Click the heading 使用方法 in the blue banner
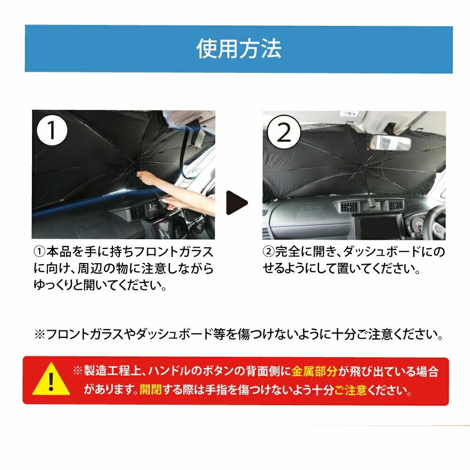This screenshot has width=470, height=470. coord(239,48)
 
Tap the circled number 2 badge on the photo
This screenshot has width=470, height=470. coord(283,132)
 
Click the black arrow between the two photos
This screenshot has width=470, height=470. coord(237,203)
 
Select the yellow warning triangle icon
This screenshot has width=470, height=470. coord(51,379)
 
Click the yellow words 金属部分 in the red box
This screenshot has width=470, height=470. coord(315,371)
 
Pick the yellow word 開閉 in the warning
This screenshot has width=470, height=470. coord(151,390)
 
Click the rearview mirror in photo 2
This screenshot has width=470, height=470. coord(390,142)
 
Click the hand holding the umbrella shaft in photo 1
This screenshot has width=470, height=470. coord(149,178)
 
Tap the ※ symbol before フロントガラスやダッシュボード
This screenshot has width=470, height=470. coord(39,334)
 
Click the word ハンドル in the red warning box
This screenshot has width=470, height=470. coord(170,371)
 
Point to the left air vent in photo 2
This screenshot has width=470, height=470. coord(349,206)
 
